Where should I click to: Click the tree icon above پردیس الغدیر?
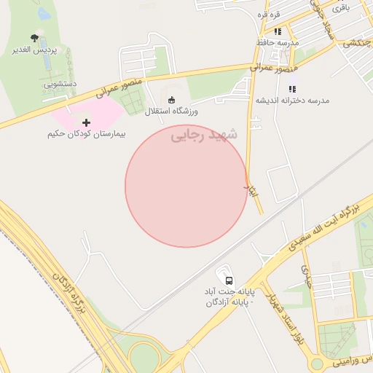coord(34,37)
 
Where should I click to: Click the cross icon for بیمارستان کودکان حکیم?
coord(87,122)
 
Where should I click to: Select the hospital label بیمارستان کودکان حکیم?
coord(87,135)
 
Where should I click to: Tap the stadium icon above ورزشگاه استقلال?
coord(171,100)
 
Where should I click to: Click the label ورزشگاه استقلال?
coord(171,111)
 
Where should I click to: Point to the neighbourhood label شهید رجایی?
coord(205,136)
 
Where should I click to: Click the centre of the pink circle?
coord(186,186)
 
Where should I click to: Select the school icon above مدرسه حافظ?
coord(277,31)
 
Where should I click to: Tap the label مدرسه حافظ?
coord(277,43)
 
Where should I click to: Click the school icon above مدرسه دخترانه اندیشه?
coord(292,88)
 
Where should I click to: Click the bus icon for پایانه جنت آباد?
coord(229,280)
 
